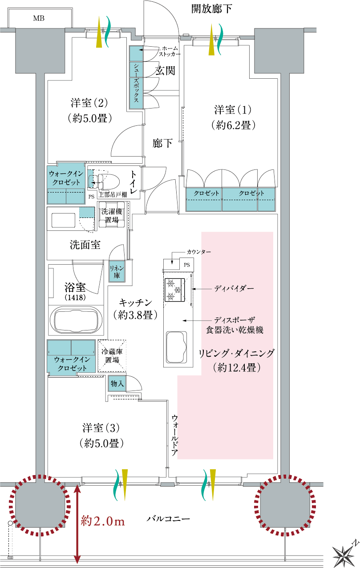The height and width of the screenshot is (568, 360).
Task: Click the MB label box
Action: point(39,18)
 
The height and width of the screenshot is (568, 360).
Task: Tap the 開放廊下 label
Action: point(211,9)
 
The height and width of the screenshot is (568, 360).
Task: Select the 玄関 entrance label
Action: point(165,70)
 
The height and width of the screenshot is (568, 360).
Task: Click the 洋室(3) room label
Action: point(101,435)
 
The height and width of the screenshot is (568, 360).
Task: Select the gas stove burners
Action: point(173,290)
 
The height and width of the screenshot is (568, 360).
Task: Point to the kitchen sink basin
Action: point(177,346)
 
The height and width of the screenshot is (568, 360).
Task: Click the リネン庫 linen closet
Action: point(117,271)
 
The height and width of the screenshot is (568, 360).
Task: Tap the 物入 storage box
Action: point(117,383)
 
